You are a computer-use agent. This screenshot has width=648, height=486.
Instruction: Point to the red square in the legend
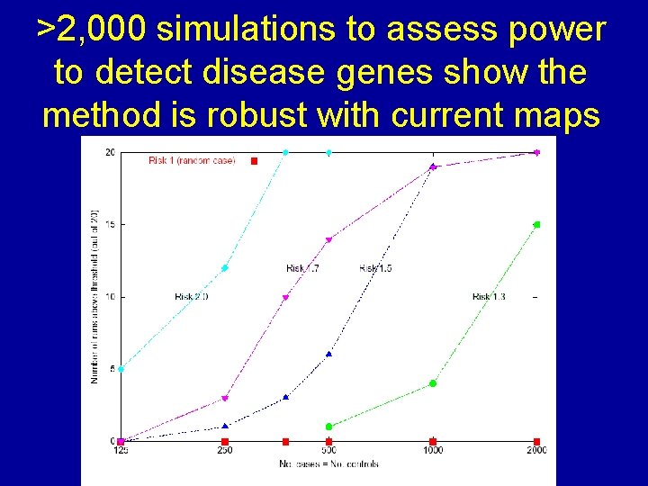(x=254, y=161)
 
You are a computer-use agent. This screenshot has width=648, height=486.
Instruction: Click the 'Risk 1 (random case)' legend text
(x=192, y=161)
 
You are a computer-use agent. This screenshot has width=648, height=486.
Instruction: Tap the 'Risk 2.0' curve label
(x=192, y=296)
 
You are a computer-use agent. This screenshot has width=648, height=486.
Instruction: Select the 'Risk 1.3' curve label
(x=489, y=296)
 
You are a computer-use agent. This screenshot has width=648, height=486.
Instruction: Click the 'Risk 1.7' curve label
(x=302, y=268)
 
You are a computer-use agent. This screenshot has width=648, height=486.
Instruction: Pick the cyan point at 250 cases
(x=225, y=267)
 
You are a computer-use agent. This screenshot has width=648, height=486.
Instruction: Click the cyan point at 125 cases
(x=121, y=368)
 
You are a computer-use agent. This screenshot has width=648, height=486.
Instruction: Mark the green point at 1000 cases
(x=433, y=383)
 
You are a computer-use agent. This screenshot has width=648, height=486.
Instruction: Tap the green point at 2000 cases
(x=536, y=224)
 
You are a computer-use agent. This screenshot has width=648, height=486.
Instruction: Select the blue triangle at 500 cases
(x=328, y=354)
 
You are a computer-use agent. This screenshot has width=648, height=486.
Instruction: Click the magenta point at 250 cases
(x=225, y=398)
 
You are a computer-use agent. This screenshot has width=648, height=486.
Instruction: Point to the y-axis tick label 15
(x=109, y=224)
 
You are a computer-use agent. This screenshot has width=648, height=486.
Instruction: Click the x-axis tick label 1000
(x=433, y=450)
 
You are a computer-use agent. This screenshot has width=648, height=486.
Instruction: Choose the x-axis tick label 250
(x=225, y=450)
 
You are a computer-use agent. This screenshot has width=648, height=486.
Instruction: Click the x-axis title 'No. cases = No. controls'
(x=328, y=464)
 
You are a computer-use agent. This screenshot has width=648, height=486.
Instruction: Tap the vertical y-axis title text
(x=94, y=296)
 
